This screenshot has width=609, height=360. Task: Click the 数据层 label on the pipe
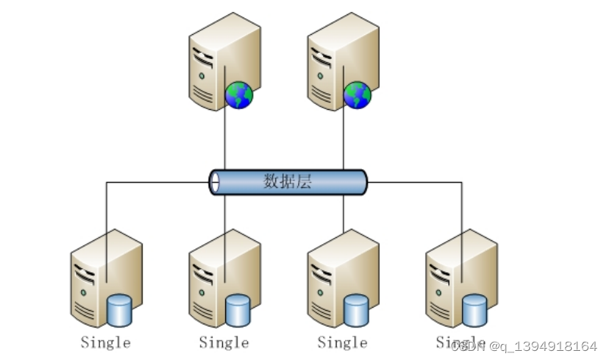pyautogui.click(x=287, y=182)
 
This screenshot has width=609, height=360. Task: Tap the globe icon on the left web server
pyautogui.click(x=239, y=95)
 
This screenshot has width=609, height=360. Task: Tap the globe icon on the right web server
pyautogui.click(x=357, y=95)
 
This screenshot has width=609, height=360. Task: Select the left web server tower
pyautogui.click(x=216, y=64)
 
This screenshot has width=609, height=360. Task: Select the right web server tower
pyautogui.click(x=334, y=64)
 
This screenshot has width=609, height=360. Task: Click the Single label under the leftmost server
pyautogui.click(x=105, y=343)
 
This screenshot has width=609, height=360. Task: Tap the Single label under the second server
pyautogui.click(x=224, y=343)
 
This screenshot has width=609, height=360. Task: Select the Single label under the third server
pyautogui.click(x=342, y=343)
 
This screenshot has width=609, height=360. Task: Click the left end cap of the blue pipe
pyautogui.click(x=215, y=182)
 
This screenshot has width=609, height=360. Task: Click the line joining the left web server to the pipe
pyautogui.click(x=225, y=140)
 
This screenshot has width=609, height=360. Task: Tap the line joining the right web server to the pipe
pyautogui.click(x=344, y=140)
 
